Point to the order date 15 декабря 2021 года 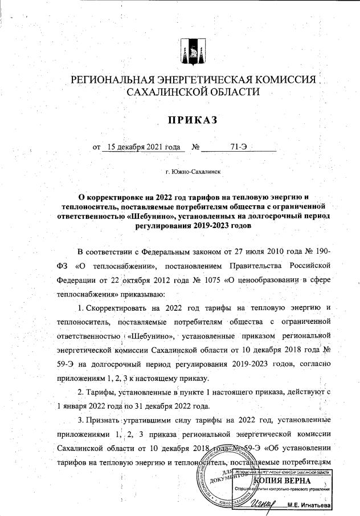(x=139, y=147)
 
